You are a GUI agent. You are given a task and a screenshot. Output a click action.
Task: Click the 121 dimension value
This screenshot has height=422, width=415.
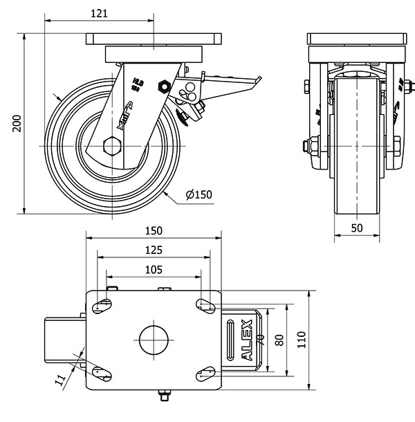[100, 13]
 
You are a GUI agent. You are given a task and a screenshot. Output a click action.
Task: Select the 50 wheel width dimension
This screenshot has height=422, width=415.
[356, 228]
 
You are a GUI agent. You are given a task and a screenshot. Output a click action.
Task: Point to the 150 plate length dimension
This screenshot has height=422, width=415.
[154, 231]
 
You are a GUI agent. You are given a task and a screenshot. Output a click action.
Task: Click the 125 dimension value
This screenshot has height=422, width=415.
[154, 250]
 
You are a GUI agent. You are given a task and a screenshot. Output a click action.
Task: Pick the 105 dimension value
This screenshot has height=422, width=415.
[154, 269]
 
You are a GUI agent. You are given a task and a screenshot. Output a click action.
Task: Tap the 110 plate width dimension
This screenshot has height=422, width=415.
[302, 341]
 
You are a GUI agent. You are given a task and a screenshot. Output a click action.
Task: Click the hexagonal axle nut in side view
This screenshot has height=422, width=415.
[111, 147]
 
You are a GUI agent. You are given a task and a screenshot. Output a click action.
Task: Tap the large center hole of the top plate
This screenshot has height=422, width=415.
[154, 340]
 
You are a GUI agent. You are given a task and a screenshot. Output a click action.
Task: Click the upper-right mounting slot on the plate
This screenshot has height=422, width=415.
[205, 304]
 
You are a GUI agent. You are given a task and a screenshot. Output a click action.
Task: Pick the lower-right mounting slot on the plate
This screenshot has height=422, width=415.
[205, 374]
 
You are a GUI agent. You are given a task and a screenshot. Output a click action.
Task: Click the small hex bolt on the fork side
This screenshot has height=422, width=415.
[164, 86]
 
